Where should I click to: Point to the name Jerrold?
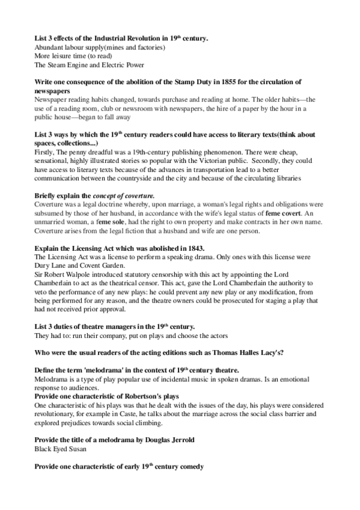click(x=179, y=440)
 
